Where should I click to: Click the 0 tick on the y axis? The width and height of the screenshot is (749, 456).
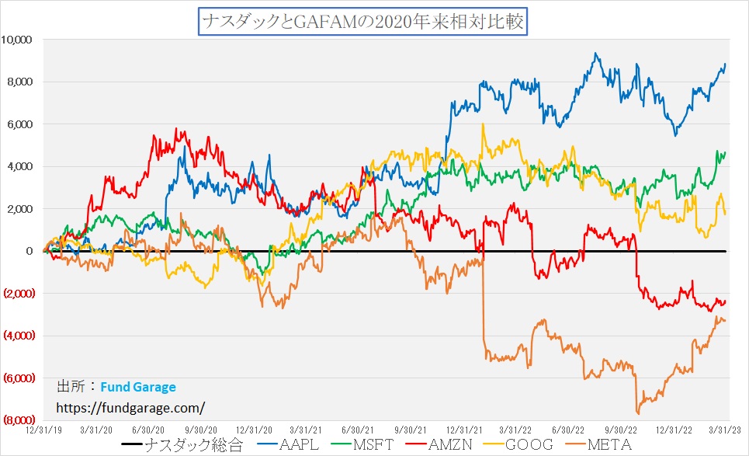[x=29, y=251]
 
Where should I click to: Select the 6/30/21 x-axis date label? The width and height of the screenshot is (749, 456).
[x=358, y=428]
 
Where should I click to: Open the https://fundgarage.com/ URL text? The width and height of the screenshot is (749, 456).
[x=131, y=406]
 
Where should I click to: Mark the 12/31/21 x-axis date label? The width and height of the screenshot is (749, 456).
[x=464, y=428]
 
